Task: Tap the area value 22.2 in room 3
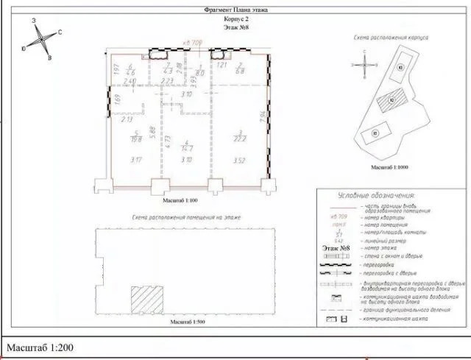(x=237, y=139)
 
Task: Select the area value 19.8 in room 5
(x=135, y=138)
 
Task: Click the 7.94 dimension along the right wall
(x=262, y=118)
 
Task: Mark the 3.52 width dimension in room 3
(x=238, y=160)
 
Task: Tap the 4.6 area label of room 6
(x=130, y=73)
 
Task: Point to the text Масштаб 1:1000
(x=389, y=168)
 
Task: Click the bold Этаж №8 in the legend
(x=337, y=249)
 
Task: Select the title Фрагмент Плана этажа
(x=236, y=10)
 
